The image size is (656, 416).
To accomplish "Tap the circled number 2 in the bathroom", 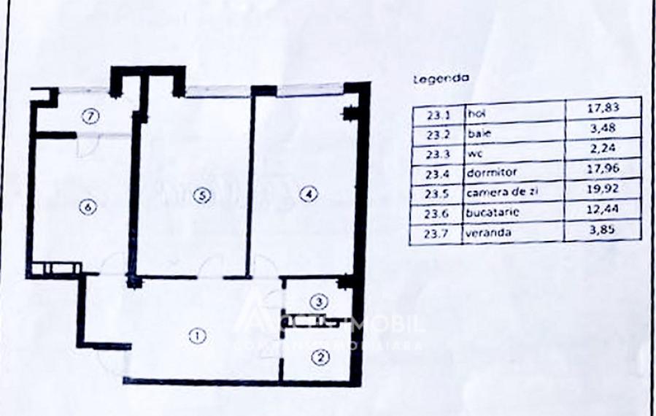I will click(x=320, y=358).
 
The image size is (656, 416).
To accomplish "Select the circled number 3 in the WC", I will click(x=322, y=301).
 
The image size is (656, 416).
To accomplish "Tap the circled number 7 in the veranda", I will click(x=89, y=115).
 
